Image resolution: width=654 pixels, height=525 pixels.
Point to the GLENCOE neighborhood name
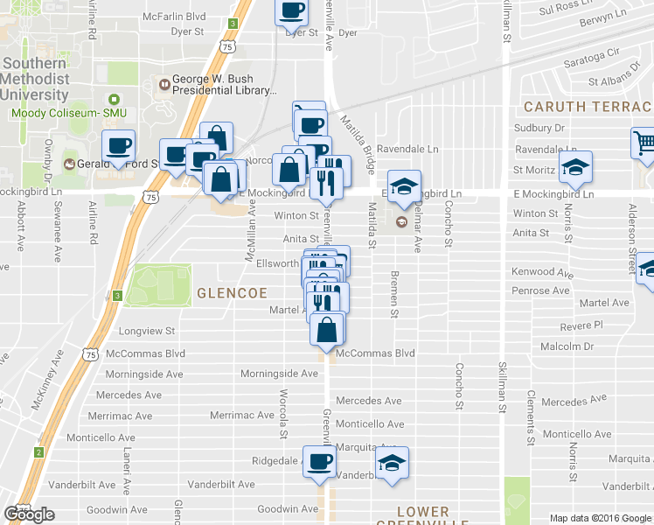coord(229,292)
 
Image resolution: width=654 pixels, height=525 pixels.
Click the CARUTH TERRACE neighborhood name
coord(587,106)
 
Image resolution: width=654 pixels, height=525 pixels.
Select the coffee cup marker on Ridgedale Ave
coord(319,461)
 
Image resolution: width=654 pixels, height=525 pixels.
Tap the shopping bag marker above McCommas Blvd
coord(326,330)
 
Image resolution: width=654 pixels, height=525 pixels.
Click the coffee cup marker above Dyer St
coord(292,11)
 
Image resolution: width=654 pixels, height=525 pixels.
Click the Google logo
coord(29,514)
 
